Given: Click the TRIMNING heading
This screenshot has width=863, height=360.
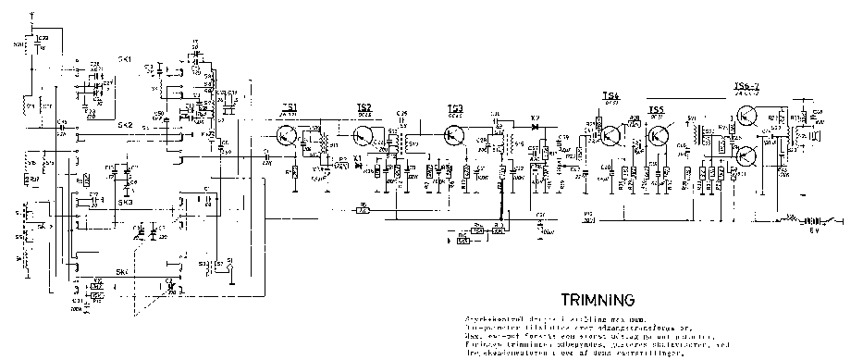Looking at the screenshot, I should pos(598,300).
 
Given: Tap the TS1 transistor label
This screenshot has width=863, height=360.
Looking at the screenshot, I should pos(290,106).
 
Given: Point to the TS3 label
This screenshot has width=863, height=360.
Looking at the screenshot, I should pos(454,107).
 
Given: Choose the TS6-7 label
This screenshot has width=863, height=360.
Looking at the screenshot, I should pos(746,88).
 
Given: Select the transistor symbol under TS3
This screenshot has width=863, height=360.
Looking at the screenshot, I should pos(454,135).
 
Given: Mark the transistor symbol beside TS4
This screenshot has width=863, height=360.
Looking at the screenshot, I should pos(611,135).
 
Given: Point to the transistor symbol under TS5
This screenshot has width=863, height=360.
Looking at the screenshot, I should pos(659,137).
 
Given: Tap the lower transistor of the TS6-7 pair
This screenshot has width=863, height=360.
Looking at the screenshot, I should pos(746,154).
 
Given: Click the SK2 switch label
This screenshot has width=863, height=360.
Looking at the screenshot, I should pos(125,124).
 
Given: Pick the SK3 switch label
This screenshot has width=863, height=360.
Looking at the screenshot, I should pos(125,202).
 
